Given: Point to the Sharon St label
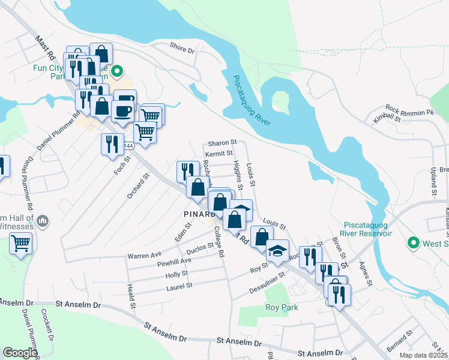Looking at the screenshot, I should click(x=223, y=143).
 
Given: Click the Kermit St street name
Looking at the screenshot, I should click(x=218, y=154).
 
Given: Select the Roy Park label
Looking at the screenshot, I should click(x=282, y=308).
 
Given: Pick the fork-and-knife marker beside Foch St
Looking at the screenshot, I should click(x=112, y=144).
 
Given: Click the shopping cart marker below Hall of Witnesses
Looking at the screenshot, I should click(x=21, y=244).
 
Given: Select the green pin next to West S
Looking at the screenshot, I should click(x=413, y=243).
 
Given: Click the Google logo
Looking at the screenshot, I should click(x=19, y=353).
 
